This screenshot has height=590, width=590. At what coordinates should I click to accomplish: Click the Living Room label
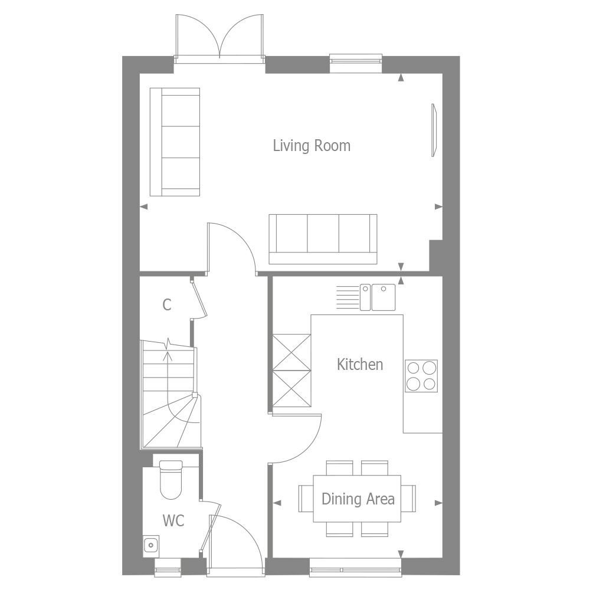312,146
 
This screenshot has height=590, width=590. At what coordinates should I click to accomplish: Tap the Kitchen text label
360,365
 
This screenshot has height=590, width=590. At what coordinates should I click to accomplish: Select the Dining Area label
358,499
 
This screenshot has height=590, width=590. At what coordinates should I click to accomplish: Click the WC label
173,521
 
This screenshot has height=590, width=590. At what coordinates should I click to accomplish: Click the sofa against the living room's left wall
175,142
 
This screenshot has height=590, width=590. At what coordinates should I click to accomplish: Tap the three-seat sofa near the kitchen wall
323,238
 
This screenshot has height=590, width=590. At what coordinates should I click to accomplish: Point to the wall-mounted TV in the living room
434,130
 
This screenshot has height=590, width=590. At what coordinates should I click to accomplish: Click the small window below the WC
167,571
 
